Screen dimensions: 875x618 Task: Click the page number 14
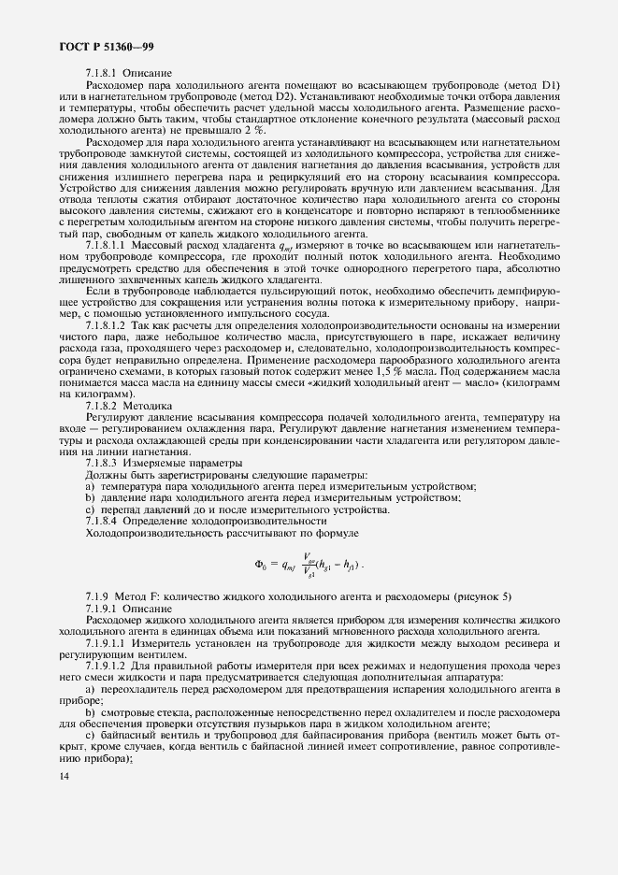click(x=65, y=776)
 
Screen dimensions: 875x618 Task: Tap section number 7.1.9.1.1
click(x=108, y=642)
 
